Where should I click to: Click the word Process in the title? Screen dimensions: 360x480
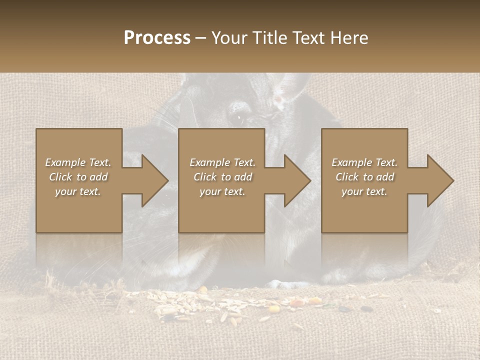pyautogui.click(x=157, y=37)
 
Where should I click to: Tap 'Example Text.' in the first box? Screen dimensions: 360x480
pyautogui.click(x=78, y=162)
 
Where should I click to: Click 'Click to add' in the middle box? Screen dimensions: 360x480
pyautogui.click(x=222, y=177)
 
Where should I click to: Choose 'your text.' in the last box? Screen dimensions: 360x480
pyautogui.click(x=364, y=191)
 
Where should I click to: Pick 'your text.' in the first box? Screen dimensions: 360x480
pyautogui.click(x=78, y=191)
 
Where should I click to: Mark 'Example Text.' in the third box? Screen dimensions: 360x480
pyautogui.click(x=364, y=162)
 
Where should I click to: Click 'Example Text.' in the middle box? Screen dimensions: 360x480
pyautogui.click(x=222, y=162)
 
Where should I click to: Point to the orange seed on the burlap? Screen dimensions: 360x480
pyautogui.click(x=315, y=300)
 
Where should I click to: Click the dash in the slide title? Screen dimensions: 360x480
pyautogui.click(x=201, y=38)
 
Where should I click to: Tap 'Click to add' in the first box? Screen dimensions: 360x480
pyautogui.click(x=78, y=177)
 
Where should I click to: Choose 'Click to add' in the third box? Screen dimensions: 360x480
pyautogui.click(x=364, y=177)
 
